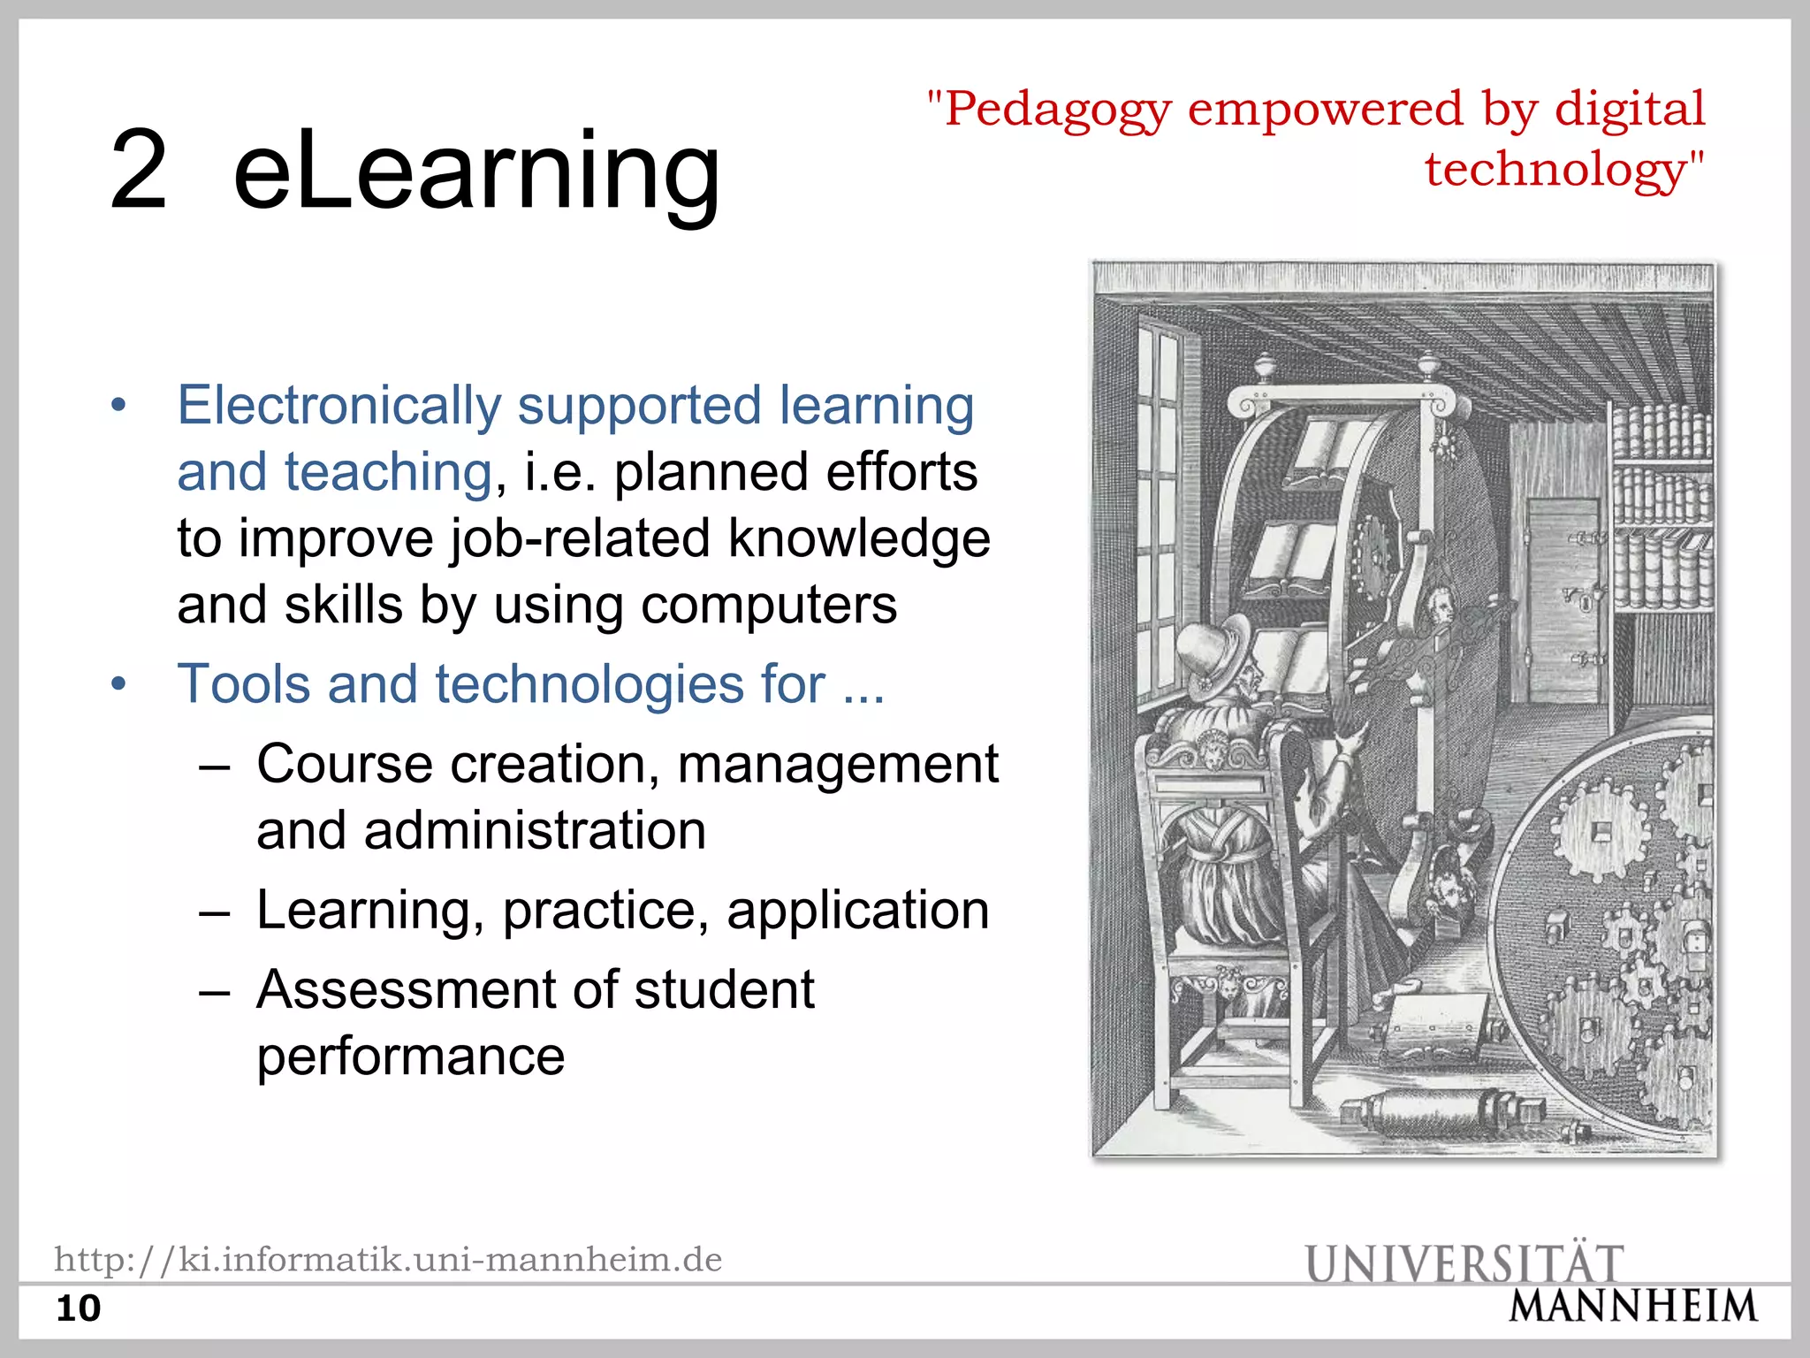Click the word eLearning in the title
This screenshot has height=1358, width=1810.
476,170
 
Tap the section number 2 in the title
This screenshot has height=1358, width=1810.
138,170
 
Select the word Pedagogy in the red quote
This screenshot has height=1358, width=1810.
1058,111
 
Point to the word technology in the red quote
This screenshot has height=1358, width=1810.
1556,169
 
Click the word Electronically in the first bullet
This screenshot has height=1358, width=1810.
339,406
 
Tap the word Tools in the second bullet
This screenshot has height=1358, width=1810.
244,684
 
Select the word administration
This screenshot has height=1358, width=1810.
535,831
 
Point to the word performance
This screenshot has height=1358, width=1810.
411,1057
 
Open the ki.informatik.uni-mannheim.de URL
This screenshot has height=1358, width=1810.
388,1259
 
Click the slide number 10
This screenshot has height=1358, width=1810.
79,1308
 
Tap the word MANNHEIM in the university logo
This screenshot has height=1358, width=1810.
1632,1307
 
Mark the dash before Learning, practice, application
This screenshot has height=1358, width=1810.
215,912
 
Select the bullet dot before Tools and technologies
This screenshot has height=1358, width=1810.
119,685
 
